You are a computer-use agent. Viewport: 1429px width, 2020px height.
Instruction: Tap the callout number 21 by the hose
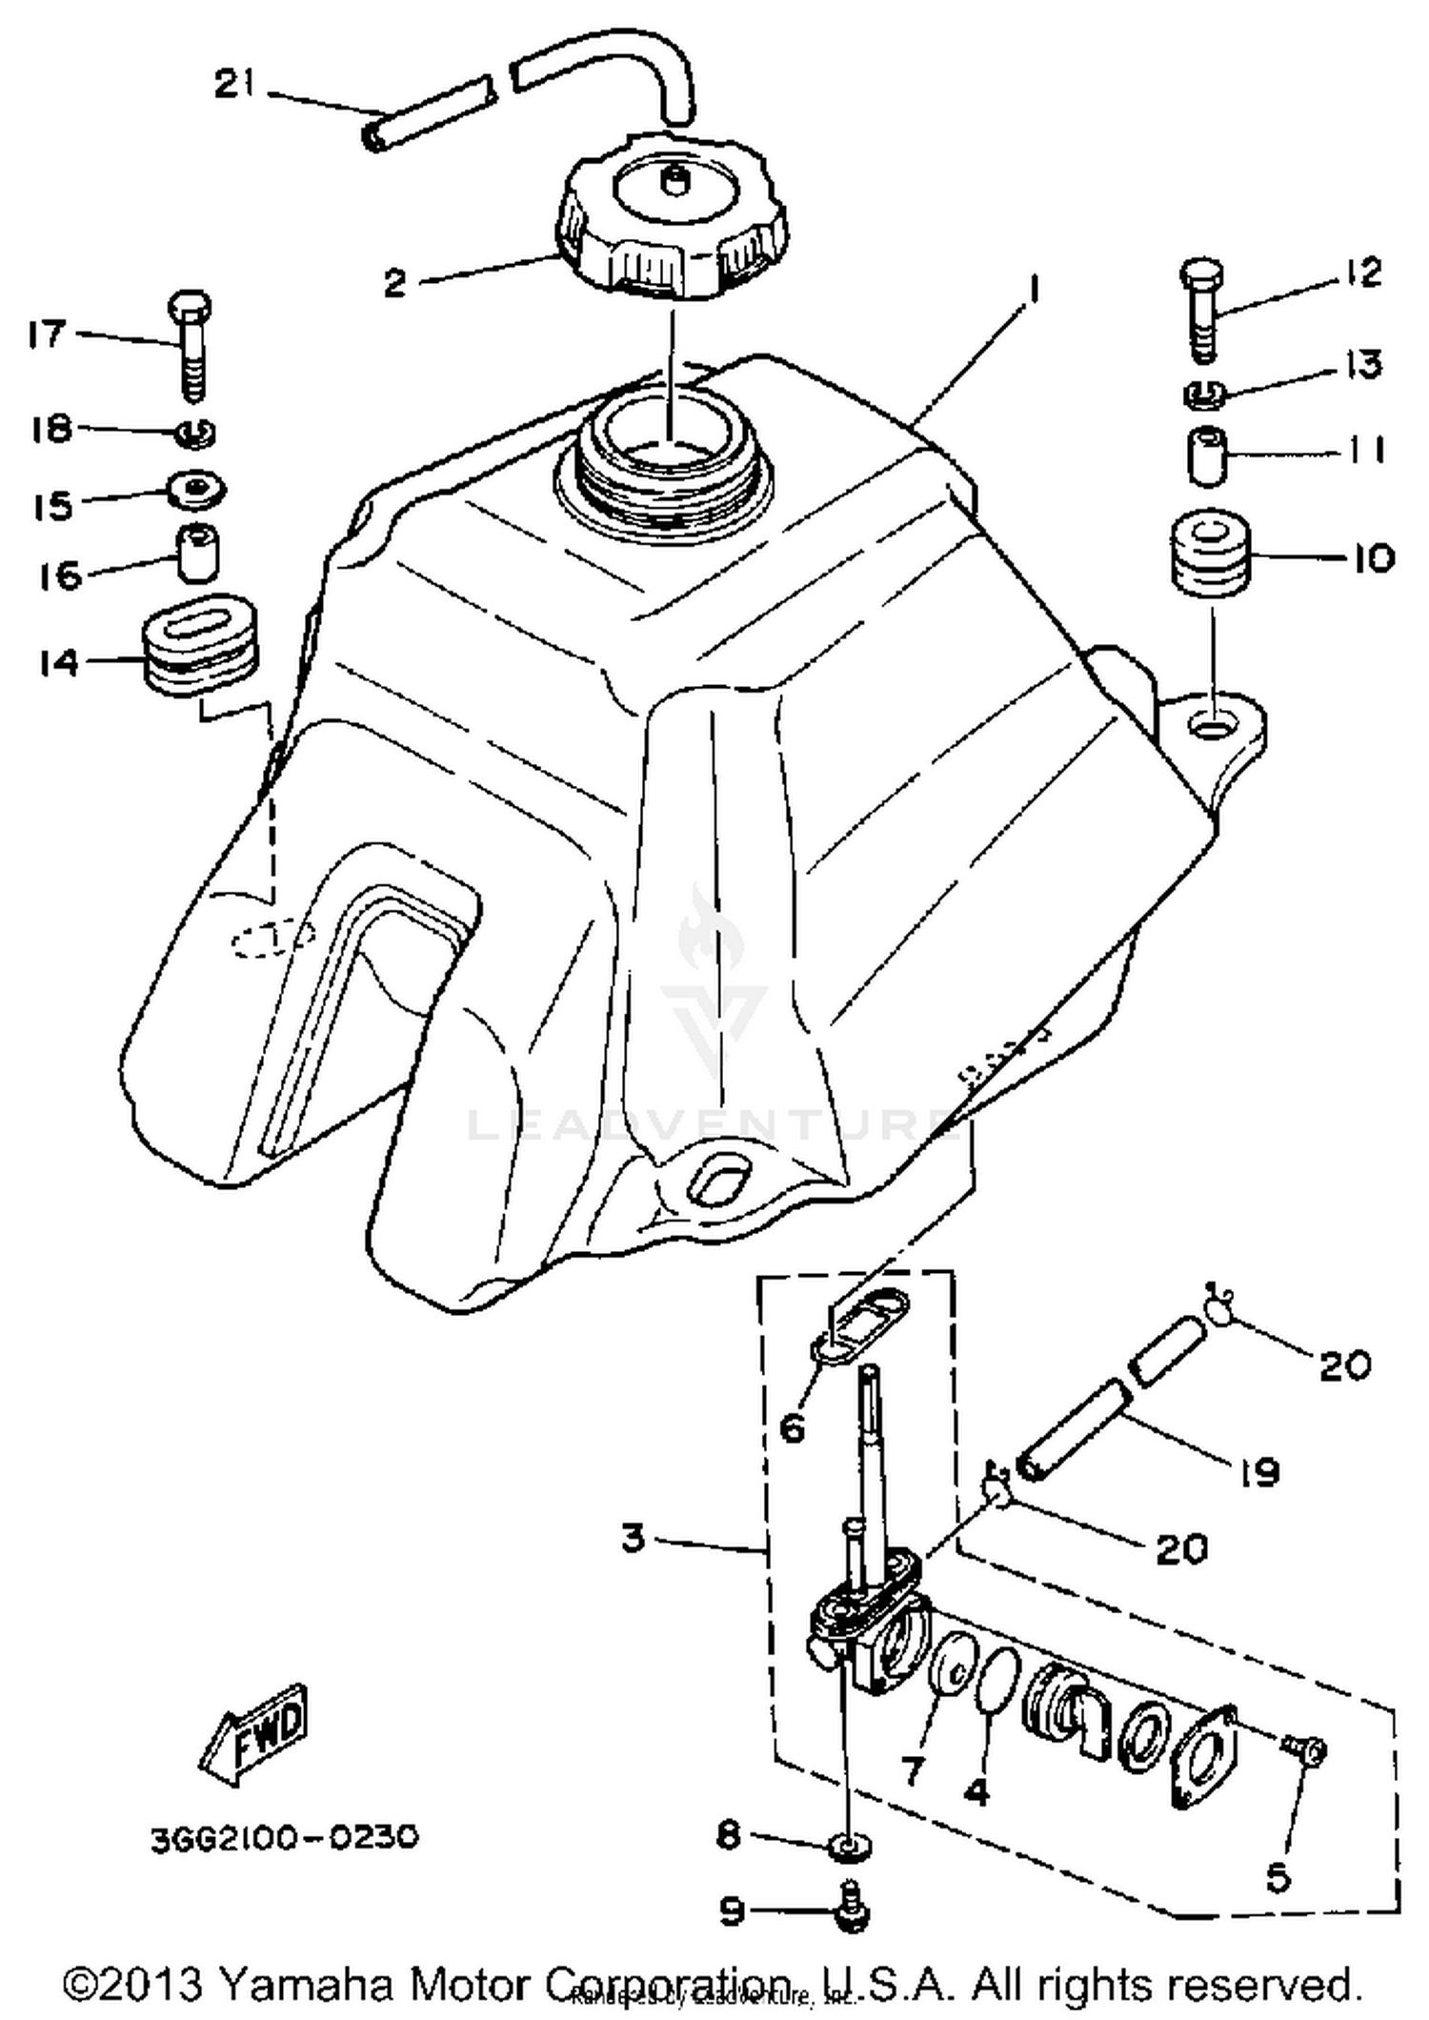coord(233,85)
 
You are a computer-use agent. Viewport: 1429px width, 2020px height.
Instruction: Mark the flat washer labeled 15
coord(197,490)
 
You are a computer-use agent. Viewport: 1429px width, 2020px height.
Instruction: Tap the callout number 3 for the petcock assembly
coord(634,1538)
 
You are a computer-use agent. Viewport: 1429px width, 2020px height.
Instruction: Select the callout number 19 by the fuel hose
coord(1259,1472)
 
